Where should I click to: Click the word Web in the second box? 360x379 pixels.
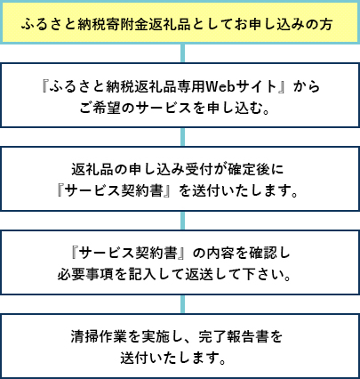pyautogui.click(x=220, y=86)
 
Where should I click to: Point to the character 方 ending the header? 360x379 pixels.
pyautogui.click(x=325, y=24)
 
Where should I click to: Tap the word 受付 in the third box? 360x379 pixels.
pyautogui.click(x=199, y=170)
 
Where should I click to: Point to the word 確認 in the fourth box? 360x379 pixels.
pyautogui.click(x=262, y=254)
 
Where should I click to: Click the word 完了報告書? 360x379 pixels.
pyautogui.click(x=234, y=337)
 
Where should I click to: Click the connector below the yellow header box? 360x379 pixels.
pyautogui.click(x=182, y=53)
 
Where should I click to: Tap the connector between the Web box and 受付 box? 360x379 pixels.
pyautogui.click(x=182, y=137)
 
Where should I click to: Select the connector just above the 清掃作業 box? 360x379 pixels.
pyautogui.click(x=182, y=304)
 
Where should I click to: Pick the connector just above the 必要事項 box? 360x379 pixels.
pyautogui.click(x=182, y=221)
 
